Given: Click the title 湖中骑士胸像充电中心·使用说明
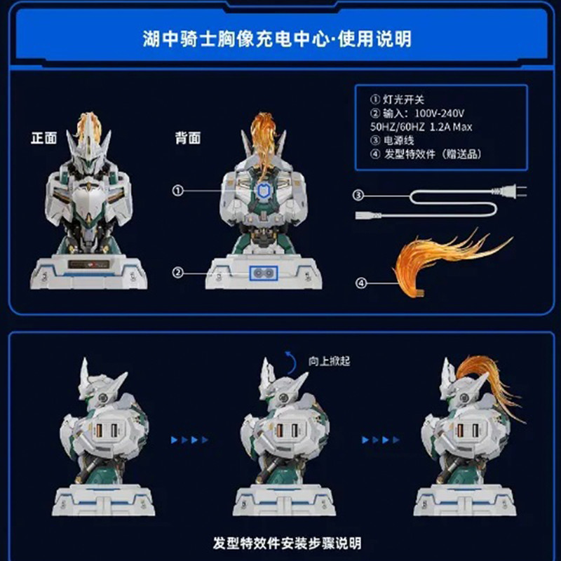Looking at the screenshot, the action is tap(277, 39).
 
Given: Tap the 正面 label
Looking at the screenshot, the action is tap(44, 138).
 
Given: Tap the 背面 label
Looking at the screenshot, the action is tap(188, 138).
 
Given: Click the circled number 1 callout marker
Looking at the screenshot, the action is tap(178, 191).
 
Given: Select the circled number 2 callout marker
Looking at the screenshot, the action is tap(178, 273).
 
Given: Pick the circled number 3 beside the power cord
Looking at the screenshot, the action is tap(358, 196).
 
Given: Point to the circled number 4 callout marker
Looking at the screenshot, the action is tap(361, 283).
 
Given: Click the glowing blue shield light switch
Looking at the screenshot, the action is tap(264, 191).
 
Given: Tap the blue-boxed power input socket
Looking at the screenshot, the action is tap(264, 273).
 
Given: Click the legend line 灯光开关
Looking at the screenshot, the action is tap(397, 100).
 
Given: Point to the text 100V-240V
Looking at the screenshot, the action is tap(440, 114).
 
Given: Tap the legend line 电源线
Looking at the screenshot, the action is tap(392, 140).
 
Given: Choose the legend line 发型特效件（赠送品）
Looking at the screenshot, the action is tap(426, 154).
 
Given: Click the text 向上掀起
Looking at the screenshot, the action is tap(329, 361).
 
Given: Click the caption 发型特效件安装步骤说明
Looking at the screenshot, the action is tap(287, 543).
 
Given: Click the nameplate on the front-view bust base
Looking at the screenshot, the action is tap(89, 265).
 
